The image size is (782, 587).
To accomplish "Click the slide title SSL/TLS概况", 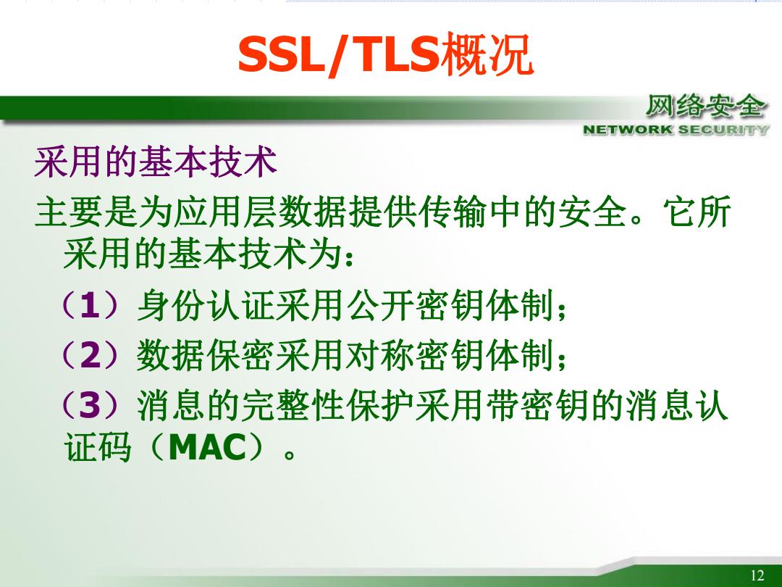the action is (x=385, y=54).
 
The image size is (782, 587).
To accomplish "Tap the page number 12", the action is (x=757, y=575).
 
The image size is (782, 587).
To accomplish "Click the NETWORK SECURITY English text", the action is (x=676, y=130).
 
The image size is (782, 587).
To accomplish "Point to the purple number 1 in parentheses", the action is (x=90, y=306).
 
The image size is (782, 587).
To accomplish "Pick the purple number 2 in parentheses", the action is (x=91, y=355).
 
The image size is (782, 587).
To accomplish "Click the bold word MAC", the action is (x=208, y=448).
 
